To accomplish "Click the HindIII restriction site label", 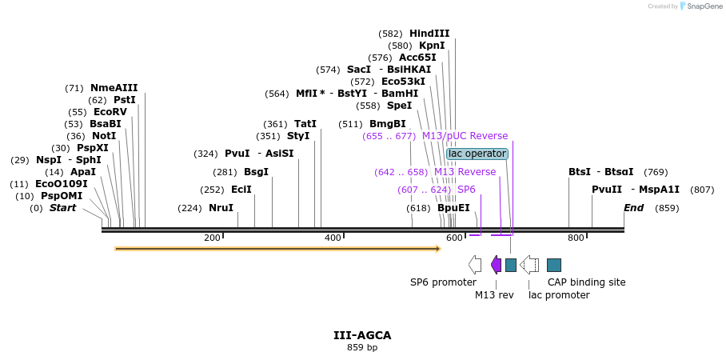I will point(429,34).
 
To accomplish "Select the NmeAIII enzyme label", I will point(114,88).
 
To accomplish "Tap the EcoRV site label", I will point(110,112).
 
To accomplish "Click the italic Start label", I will point(63,208).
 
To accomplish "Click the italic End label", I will point(634,208).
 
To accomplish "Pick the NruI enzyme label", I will point(221,208).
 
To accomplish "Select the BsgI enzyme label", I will point(256,172).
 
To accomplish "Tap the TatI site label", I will point(305,124).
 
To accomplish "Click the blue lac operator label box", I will point(477,154).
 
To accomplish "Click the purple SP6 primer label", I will point(466,190).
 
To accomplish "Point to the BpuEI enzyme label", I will point(453,208).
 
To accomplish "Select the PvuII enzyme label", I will point(607,190).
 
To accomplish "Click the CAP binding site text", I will point(586,282).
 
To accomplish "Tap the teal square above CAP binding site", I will point(554,265).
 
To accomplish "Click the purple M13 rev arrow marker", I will point(496,265).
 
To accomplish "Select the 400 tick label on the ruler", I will point(333,238).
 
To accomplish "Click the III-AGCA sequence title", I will point(362,335).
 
